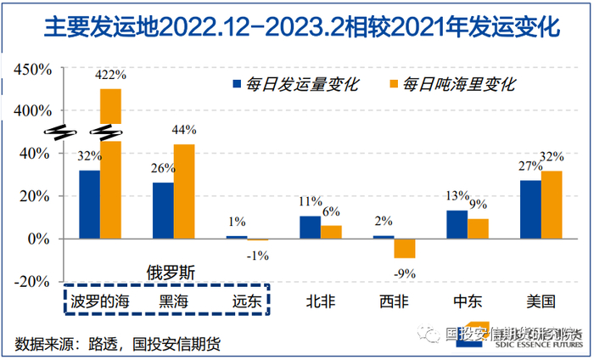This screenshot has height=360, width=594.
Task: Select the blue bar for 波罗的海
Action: click(89, 205)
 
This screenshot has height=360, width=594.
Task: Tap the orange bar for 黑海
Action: click(184, 192)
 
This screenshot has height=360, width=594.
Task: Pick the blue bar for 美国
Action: click(530, 210)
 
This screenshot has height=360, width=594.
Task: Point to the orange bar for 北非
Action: click(331, 232)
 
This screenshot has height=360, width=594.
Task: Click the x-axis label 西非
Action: click(393, 301)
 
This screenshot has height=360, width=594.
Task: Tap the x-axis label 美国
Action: click(540, 301)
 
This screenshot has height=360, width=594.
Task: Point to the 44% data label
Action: click(184, 130)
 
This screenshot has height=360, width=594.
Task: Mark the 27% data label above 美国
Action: click(530, 166)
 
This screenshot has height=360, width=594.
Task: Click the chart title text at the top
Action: click(297, 25)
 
